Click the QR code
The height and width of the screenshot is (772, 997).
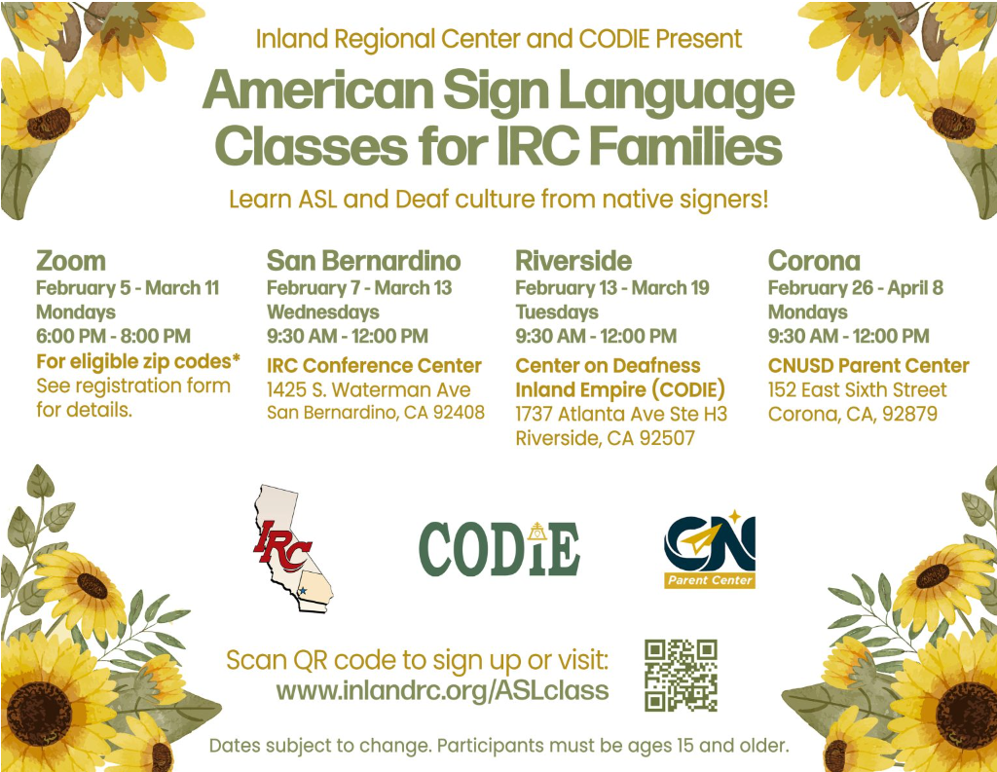coord(681,676)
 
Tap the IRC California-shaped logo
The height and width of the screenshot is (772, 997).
coord(292,548)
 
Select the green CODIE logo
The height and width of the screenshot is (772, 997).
coord(499,549)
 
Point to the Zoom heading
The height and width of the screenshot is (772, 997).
coord(70,261)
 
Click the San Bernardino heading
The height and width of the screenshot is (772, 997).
coord(364,261)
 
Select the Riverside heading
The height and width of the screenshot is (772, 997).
coord(573,261)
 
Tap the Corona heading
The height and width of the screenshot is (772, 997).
coord(814,261)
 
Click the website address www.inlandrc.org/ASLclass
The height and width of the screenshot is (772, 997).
coord(443,690)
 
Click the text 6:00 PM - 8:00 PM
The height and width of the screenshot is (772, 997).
coord(113,336)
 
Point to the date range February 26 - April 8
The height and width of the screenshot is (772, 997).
coord(855,288)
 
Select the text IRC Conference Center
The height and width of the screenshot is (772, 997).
coord(374,366)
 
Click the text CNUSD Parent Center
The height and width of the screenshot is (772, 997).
coord(868,366)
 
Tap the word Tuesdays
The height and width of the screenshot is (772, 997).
coord(557,312)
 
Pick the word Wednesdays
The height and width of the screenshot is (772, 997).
coord(323,312)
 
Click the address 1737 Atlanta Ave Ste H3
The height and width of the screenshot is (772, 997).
coord(621,414)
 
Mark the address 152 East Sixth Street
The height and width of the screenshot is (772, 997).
coord(857,389)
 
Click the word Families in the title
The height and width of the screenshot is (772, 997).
coord(685,146)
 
